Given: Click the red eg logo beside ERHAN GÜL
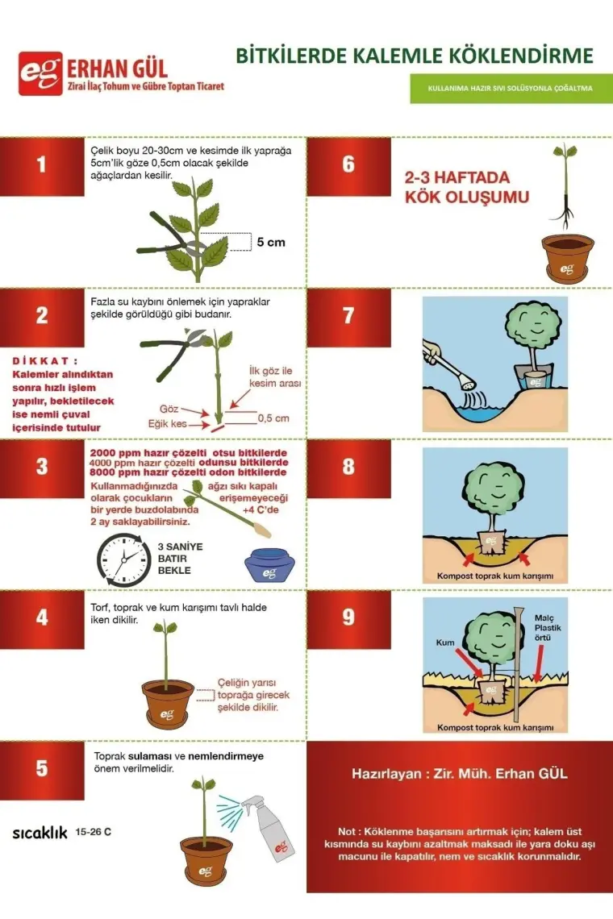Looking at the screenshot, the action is tap(40, 73).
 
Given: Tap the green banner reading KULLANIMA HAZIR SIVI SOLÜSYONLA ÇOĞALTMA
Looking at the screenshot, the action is tap(511, 89).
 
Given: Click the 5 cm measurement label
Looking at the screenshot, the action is tap(271, 242).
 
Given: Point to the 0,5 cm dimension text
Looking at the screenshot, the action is tap(274, 418).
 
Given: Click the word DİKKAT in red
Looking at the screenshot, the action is tap(44, 360).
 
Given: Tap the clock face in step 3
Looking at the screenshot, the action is tap(123, 559).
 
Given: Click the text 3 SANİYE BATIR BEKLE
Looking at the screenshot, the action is tap(180, 558).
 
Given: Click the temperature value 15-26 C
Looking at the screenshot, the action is tap(94, 832).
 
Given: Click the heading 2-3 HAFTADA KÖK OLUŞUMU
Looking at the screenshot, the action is tap(467, 187).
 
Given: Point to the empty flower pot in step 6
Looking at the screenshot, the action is tap(567, 259).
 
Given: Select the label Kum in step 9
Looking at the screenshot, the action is tap(445, 642).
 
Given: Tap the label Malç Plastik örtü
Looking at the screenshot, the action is tap(548, 628).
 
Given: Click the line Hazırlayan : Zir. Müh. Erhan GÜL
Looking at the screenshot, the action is tap(459, 774).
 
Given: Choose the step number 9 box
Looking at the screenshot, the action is tap(348, 618).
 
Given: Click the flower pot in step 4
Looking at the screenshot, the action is tap(168, 703).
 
